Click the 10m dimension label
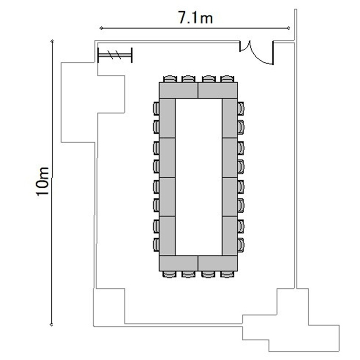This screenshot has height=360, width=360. pyautogui.click(x=43, y=181)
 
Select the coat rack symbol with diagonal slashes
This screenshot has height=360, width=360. pyautogui.click(x=115, y=55)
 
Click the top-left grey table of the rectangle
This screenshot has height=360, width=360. pyautogui.click(x=179, y=90)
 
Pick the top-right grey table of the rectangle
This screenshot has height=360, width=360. pyautogui.click(x=217, y=90)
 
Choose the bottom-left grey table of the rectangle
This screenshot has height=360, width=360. pyautogui.click(x=179, y=264)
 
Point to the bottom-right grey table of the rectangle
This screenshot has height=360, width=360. pyautogui.click(x=217, y=264)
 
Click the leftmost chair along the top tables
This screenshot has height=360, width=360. pyautogui.click(x=170, y=79)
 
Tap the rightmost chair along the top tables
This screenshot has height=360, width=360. pyautogui.click(x=228, y=79)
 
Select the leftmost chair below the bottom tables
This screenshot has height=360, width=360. pyautogui.click(x=169, y=275)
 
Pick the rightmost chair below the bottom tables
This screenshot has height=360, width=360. pyautogui.click(x=228, y=275)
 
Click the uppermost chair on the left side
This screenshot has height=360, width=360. pyautogui.click(x=156, y=108)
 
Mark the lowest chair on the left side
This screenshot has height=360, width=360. pyautogui.click(x=156, y=245)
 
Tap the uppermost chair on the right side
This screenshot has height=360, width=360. pyautogui.click(x=240, y=108)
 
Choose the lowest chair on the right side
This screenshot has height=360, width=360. pyautogui.click(x=240, y=245)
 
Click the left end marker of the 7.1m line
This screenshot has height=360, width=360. pyautogui.click(x=101, y=28)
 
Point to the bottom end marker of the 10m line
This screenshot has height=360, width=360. pyautogui.click(x=51, y=324)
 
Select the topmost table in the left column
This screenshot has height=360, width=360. pyautogui.click(x=168, y=118)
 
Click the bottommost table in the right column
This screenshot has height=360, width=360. pyautogui.click(x=230, y=236)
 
